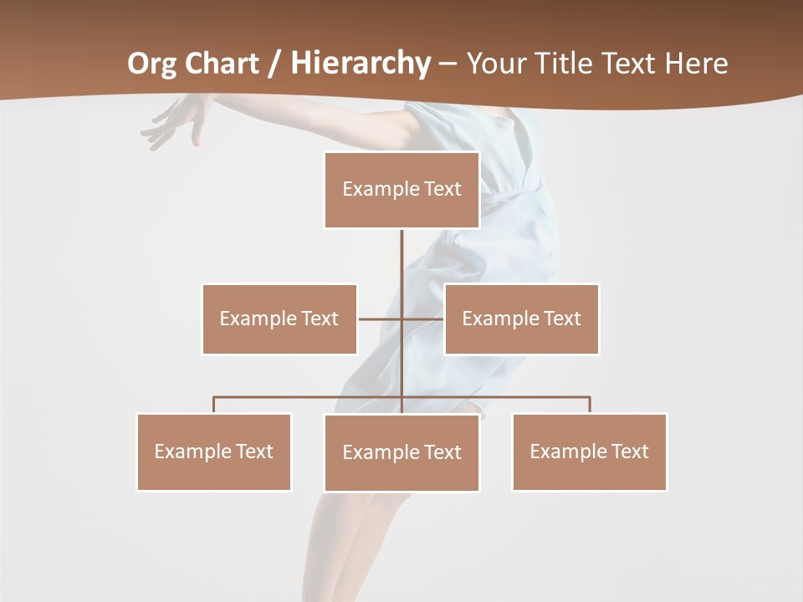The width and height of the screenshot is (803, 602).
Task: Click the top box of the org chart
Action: click(x=401, y=190)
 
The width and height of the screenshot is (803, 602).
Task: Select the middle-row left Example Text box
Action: click(x=279, y=319)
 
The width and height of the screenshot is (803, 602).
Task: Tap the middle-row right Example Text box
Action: click(x=522, y=319)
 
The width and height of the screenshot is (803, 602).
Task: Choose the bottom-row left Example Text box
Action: click(x=214, y=451)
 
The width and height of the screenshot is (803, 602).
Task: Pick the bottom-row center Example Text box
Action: click(x=401, y=452)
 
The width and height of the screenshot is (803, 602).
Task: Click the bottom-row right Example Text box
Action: click(x=590, y=451)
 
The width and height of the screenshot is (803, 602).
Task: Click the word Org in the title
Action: click(x=151, y=64)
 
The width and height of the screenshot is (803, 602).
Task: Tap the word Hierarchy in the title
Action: click(x=361, y=64)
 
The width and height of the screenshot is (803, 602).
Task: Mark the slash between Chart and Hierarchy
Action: click(x=274, y=64)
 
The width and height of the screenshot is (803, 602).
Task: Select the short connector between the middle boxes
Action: click(x=381, y=319)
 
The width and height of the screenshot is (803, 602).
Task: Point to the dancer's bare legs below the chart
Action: click(x=351, y=543)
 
